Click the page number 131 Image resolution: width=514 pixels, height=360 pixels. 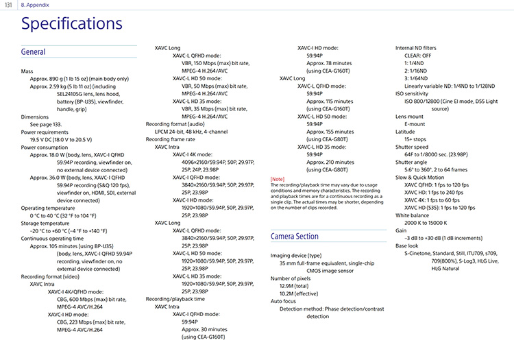click(x=9, y=5)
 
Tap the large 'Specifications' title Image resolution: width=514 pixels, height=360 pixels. click(x=72, y=24)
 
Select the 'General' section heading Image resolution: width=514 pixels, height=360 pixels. click(x=33, y=52)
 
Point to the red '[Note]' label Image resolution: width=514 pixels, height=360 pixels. click(x=278, y=179)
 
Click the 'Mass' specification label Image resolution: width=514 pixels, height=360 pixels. click(x=27, y=71)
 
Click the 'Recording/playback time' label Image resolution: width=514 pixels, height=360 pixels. click(x=175, y=299)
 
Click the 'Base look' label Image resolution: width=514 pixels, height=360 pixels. click(x=408, y=245)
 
